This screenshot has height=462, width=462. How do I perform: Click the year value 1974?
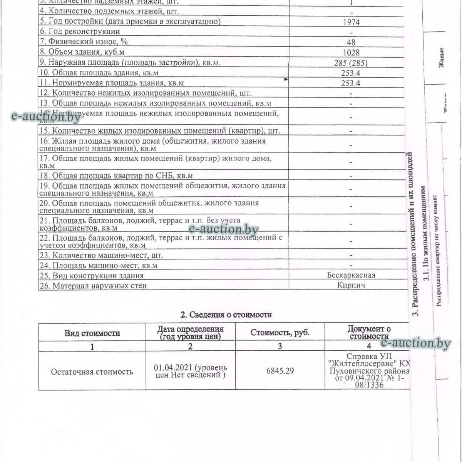351,22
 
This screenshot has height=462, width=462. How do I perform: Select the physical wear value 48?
351,42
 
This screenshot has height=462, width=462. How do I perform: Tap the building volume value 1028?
351,53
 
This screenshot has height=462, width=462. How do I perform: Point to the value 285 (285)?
351,63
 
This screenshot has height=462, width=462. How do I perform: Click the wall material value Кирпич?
351,285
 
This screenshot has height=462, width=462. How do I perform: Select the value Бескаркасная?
351,275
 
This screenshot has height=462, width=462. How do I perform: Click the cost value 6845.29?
280,371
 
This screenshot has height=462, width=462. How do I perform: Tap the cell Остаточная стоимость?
92,372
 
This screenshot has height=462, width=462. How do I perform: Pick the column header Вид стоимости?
92,333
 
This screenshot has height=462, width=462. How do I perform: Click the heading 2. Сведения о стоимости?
226,315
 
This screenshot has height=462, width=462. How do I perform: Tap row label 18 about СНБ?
116,176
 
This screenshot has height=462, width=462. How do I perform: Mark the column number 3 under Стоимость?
280,346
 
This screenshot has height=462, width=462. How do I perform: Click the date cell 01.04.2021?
190,371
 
